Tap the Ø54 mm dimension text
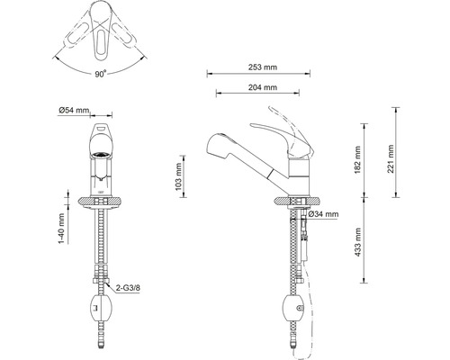[74, 110]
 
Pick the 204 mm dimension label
[261, 87]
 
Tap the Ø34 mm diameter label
[323, 214]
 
